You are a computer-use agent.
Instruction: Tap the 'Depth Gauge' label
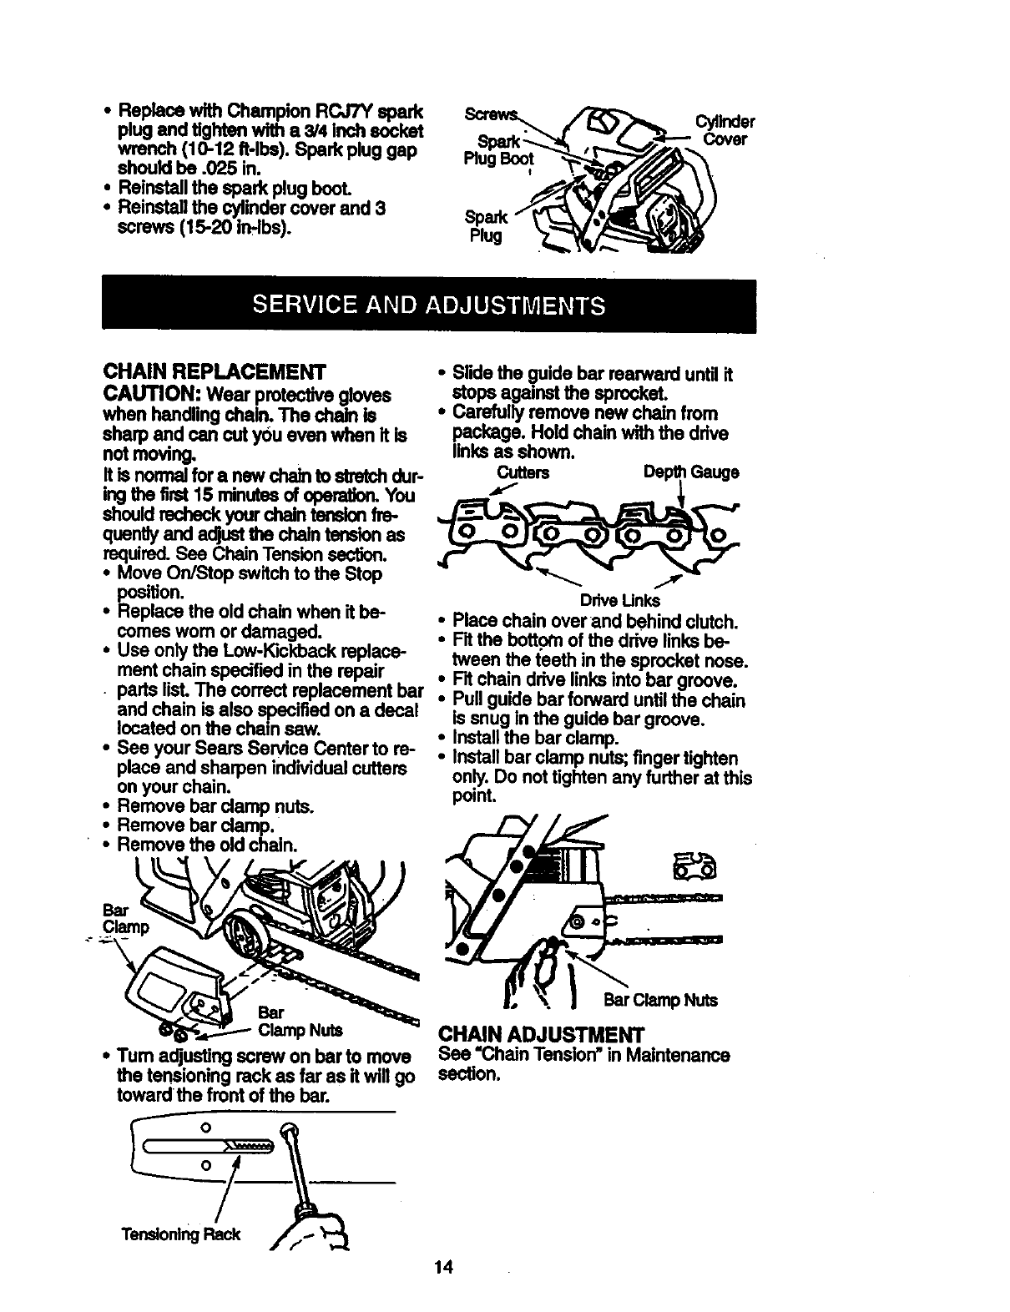pyautogui.click(x=691, y=472)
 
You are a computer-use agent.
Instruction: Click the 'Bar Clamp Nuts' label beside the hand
pyautogui.click(x=661, y=1000)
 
